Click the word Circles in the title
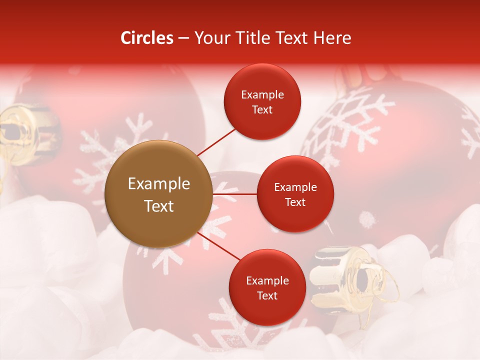point(146,38)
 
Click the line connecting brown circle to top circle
point(216,142)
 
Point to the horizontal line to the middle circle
point(234,194)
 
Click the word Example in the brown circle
point(159,184)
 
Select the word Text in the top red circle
point(262,110)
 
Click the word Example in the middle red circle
point(295,187)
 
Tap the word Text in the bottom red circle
point(267,296)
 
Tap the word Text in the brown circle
point(159,206)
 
